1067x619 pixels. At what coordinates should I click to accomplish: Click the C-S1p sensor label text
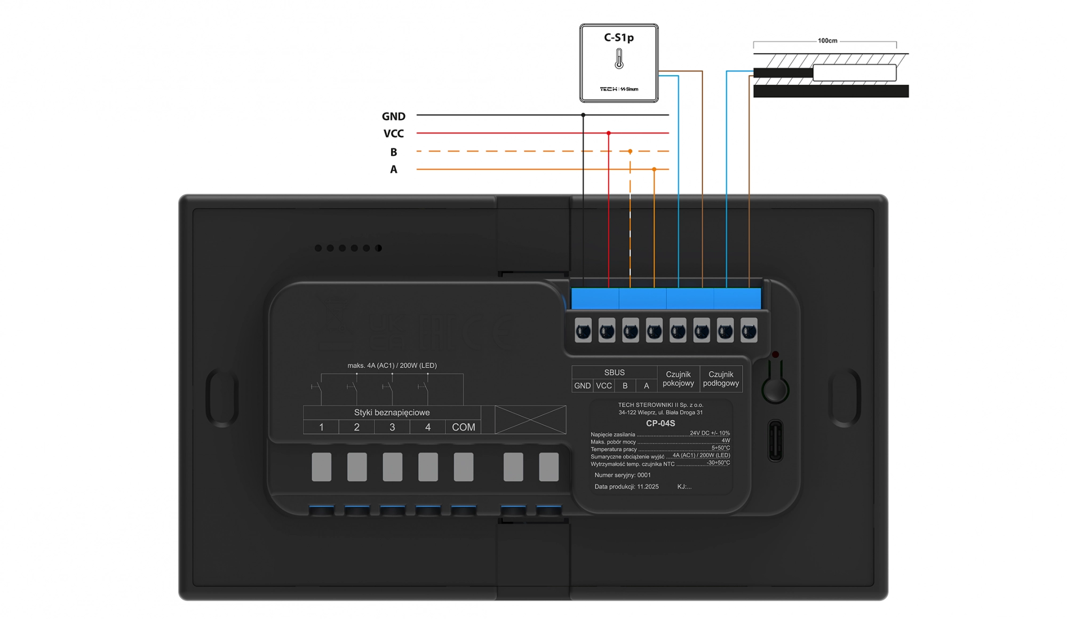pyautogui.click(x=618, y=37)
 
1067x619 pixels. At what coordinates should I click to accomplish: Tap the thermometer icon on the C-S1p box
pyautogui.click(x=619, y=59)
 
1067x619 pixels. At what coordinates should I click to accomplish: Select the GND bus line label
pyautogui.click(x=393, y=116)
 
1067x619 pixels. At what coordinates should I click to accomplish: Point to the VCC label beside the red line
pyautogui.click(x=393, y=134)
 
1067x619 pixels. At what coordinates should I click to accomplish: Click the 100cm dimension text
pyautogui.click(x=827, y=41)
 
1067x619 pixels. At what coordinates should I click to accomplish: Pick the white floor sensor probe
pyautogui.click(x=854, y=73)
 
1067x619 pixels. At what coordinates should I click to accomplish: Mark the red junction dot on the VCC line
pyautogui.click(x=608, y=133)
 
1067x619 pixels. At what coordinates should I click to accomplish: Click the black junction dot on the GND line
pyautogui.click(x=583, y=115)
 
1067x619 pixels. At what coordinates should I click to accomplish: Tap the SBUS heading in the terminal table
pyautogui.click(x=614, y=372)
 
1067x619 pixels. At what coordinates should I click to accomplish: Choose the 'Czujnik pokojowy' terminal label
pyautogui.click(x=678, y=379)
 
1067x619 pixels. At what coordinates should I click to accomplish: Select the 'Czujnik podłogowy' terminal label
pyautogui.click(x=721, y=379)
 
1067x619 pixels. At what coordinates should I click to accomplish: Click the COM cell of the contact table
pyautogui.click(x=463, y=427)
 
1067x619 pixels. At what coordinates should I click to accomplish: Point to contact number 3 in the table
pyautogui.click(x=392, y=427)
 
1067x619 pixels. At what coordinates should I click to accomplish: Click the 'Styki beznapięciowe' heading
pyautogui.click(x=392, y=412)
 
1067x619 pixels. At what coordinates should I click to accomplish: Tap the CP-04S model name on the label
pyautogui.click(x=660, y=423)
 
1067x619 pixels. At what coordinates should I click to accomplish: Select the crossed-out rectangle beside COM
pyautogui.click(x=530, y=419)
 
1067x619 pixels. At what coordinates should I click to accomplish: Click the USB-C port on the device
pyautogui.click(x=775, y=441)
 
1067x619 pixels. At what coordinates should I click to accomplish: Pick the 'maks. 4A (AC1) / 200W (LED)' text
pyautogui.click(x=392, y=366)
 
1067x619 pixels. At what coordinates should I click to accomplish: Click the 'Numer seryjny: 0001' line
pyautogui.click(x=623, y=475)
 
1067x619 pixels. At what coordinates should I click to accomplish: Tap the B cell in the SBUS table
pyautogui.click(x=625, y=386)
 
